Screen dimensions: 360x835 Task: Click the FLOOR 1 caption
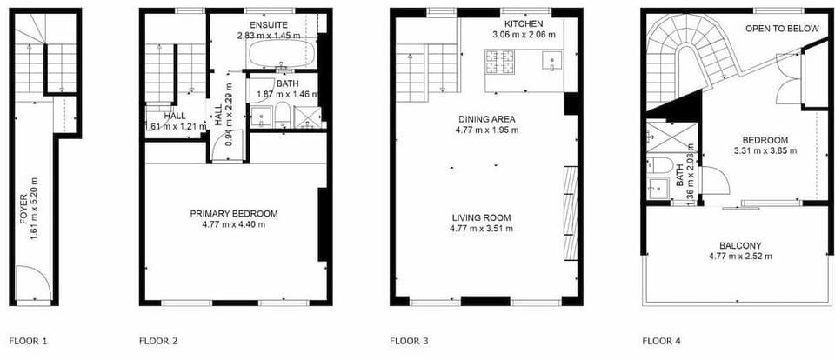click(28, 341)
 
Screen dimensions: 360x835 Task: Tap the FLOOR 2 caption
click(158, 341)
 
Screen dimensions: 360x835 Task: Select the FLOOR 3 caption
click(409, 341)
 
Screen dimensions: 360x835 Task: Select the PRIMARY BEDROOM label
click(234, 213)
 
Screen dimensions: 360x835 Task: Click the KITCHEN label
click(523, 23)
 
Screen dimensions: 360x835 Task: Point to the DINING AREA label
click(487, 119)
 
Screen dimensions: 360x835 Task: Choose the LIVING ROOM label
click(481, 217)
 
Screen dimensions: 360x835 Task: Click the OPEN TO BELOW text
click(782, 29)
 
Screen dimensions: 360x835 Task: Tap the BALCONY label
click(740, 245)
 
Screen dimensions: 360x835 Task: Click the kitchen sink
click(551, 60)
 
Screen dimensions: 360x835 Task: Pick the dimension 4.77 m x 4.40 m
click(234, 224)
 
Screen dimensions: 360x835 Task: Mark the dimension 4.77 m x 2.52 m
click(740, 257)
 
